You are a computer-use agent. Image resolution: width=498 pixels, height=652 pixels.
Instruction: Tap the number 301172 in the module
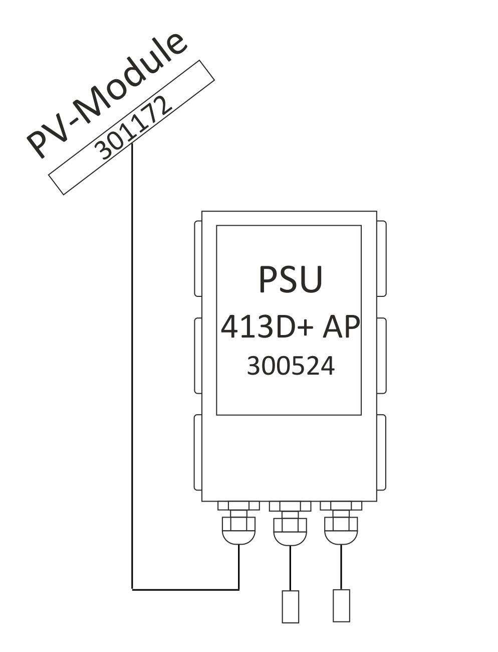click(x=133, y=128)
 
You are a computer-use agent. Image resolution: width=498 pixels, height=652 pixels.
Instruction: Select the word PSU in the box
click(x=291, y=279)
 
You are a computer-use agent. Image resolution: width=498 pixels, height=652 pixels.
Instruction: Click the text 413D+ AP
click(x=290, y=327)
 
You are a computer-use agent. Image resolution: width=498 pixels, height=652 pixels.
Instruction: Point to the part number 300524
click(x=291, y=366)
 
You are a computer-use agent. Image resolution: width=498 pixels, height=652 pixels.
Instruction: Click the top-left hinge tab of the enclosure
click(x=198, y=258)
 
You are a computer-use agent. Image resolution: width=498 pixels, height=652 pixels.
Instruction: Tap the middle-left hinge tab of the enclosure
click(x=198, y=356)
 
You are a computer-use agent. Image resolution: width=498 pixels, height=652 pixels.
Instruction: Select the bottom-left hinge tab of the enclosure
click(x=197, y=452)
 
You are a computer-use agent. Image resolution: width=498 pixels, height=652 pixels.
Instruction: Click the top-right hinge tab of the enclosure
click(x=381, y=258)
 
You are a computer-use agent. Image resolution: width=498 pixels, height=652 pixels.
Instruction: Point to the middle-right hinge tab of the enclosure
click(x=381, y=356)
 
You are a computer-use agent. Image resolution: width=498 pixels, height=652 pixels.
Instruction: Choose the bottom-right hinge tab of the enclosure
click(x=381, y=452)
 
